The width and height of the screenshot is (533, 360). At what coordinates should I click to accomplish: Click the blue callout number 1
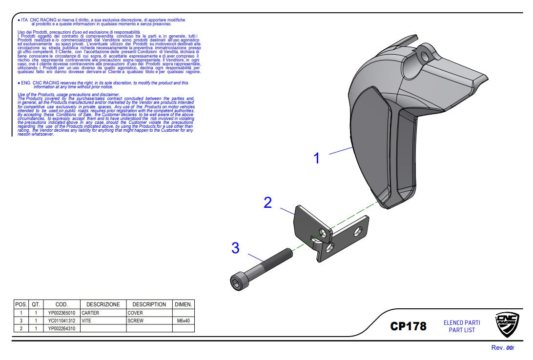[316, 159]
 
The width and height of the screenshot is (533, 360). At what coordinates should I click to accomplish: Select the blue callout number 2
[267, 202]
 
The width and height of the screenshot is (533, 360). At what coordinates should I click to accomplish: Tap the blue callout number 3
[236, 248]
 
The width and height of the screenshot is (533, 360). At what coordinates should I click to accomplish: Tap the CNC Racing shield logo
[507, 325]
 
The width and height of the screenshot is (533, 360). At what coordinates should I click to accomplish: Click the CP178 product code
[408, 326]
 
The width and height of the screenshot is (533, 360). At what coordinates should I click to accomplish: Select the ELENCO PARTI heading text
[462, 323]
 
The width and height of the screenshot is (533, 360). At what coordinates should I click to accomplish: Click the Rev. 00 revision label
[503, 348]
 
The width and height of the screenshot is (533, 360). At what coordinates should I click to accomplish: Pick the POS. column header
[21, 304]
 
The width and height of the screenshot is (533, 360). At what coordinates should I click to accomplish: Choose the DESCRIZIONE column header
[103, 304]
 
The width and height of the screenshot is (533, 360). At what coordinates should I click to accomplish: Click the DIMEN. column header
[184, 304]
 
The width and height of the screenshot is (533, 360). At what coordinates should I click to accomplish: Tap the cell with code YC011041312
[61, 321]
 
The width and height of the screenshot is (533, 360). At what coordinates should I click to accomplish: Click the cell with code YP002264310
[61, 329]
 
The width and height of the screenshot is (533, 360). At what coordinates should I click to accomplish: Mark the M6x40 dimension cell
[184, 321]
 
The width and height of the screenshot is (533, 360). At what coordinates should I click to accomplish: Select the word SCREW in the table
[136, 321]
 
